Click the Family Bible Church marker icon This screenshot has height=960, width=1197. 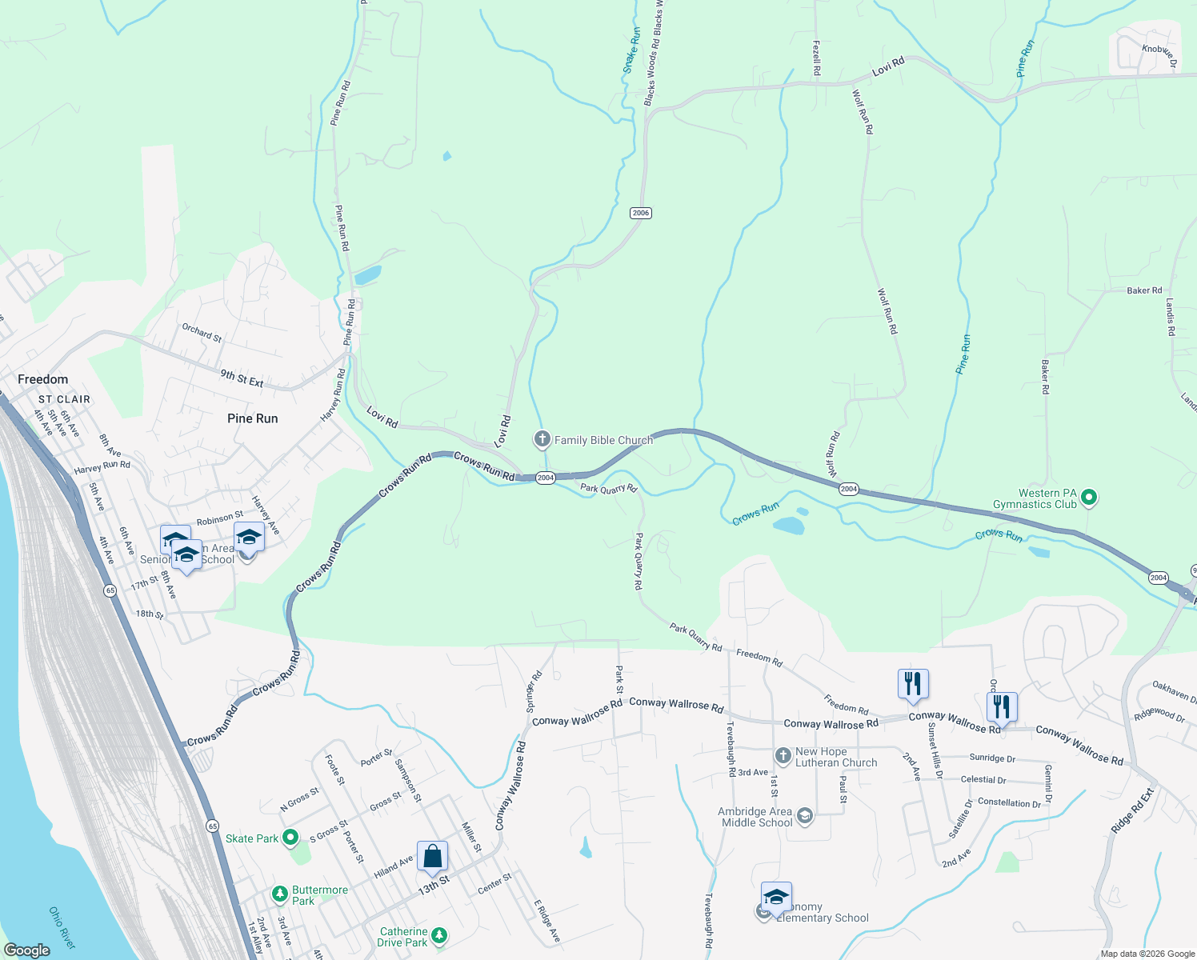(542, 439)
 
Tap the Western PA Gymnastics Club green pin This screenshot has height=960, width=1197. (1088, 498)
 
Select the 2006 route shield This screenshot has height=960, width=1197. (640, 213)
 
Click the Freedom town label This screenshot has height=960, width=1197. (43, 379)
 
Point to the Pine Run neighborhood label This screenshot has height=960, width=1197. (252, 418)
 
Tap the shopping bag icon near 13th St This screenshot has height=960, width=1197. (432, 857)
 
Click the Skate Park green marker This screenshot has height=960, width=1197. (290, 838)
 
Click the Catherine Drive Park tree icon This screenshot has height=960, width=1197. (438, 935)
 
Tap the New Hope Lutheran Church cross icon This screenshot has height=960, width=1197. (783, 756)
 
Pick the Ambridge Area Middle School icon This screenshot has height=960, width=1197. (805, 816)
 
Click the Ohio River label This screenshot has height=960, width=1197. (62, 928)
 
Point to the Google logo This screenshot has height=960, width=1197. (26, 950)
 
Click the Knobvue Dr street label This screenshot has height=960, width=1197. (1159, 54)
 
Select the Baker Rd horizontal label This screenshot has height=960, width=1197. (1144, 290)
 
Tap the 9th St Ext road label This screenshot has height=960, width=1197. (242, 378)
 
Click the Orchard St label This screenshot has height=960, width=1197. (202, 332)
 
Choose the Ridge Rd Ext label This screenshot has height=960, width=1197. (1133, 811)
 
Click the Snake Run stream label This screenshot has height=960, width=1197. (632, 51)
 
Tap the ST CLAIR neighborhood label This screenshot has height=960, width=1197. (65, 399)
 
